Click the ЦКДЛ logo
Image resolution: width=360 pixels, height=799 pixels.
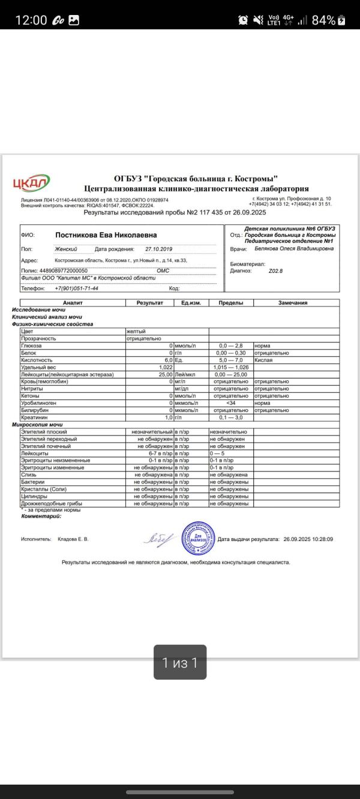tap(32, 182)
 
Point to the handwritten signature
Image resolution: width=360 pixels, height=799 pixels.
tap(159, 539)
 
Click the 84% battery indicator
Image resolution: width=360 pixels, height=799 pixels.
tap(327, 20)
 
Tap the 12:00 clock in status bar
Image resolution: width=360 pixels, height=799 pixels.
tap(31, 20)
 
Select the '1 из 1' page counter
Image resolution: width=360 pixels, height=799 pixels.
tap(180, 662)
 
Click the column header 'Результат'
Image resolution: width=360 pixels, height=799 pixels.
tap(149, 303)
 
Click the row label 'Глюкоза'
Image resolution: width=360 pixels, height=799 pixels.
tap(31, 346)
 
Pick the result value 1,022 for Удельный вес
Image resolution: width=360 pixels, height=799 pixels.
tap(166, 367)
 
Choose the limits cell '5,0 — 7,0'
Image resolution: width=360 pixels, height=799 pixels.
tap(230, 360)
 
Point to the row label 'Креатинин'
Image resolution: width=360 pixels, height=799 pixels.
tap(33, 417)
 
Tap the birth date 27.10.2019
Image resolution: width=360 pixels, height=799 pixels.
tap(158, 249)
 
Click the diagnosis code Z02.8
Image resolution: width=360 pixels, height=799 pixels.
tap(275, 271)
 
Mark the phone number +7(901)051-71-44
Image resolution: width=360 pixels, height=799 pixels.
tap(76, 289)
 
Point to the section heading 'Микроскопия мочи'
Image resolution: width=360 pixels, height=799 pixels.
tap(37, 424)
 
